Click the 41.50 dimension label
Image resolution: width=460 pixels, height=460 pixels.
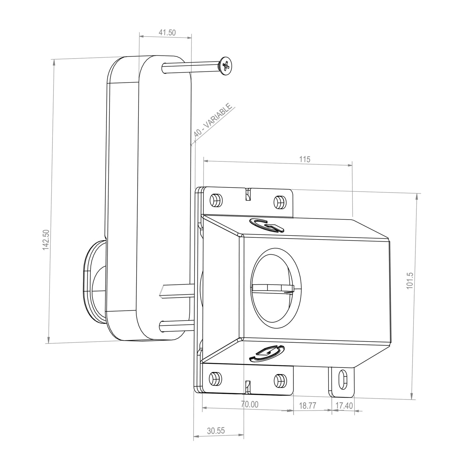point(167,32)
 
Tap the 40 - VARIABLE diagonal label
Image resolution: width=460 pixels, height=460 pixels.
point(213,121)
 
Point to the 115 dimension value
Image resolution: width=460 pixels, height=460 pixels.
point(304,159)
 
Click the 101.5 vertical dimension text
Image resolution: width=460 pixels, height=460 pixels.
point(410,280)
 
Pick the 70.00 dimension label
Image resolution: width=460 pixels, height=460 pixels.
point(250,404)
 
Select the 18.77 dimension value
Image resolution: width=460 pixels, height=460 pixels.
point(308,406)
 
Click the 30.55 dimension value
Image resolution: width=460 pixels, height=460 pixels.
point(216,431)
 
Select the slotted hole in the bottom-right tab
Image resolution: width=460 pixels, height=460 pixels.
point(343,379)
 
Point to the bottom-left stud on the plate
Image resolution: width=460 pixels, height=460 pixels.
point(215,379)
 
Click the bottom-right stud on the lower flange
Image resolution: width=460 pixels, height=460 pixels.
point(280,379)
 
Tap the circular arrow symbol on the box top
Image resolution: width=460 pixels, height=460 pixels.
point(267,225)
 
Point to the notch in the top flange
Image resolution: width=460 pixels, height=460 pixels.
point(248,195)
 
